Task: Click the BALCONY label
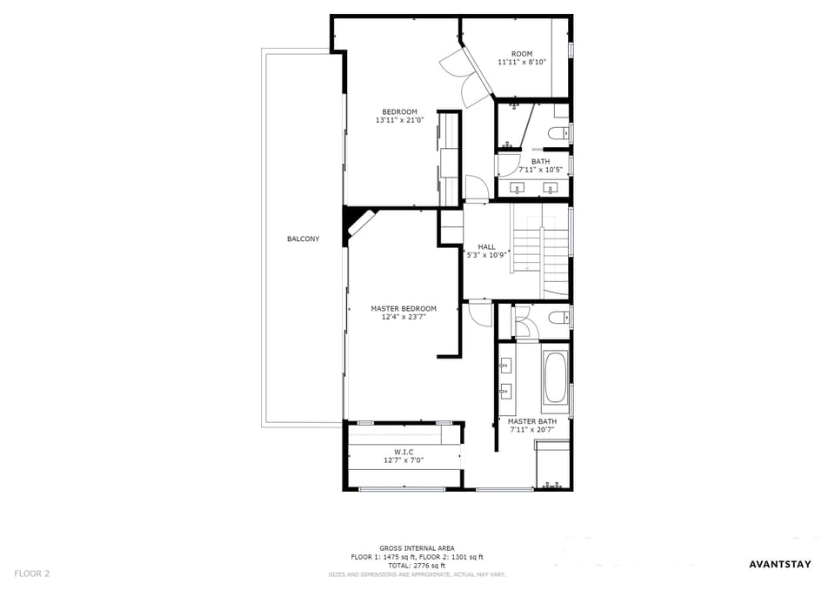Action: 303,238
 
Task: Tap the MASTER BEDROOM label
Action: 404,309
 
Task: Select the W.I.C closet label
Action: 404,452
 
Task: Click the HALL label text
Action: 487,246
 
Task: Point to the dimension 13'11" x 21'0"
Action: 400,120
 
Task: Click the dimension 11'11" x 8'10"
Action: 522,62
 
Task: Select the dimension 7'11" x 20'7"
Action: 532,429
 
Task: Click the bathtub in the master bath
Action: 556,377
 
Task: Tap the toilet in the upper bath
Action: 559,132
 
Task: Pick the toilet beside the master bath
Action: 559,319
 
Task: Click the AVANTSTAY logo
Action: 780,564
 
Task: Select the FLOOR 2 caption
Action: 32,574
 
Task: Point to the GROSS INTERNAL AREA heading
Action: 417,548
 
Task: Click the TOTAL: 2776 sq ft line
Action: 417,566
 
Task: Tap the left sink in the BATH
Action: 517,188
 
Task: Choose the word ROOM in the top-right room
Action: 522,54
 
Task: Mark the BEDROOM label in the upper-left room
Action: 399,112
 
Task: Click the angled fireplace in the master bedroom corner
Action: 361,223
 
